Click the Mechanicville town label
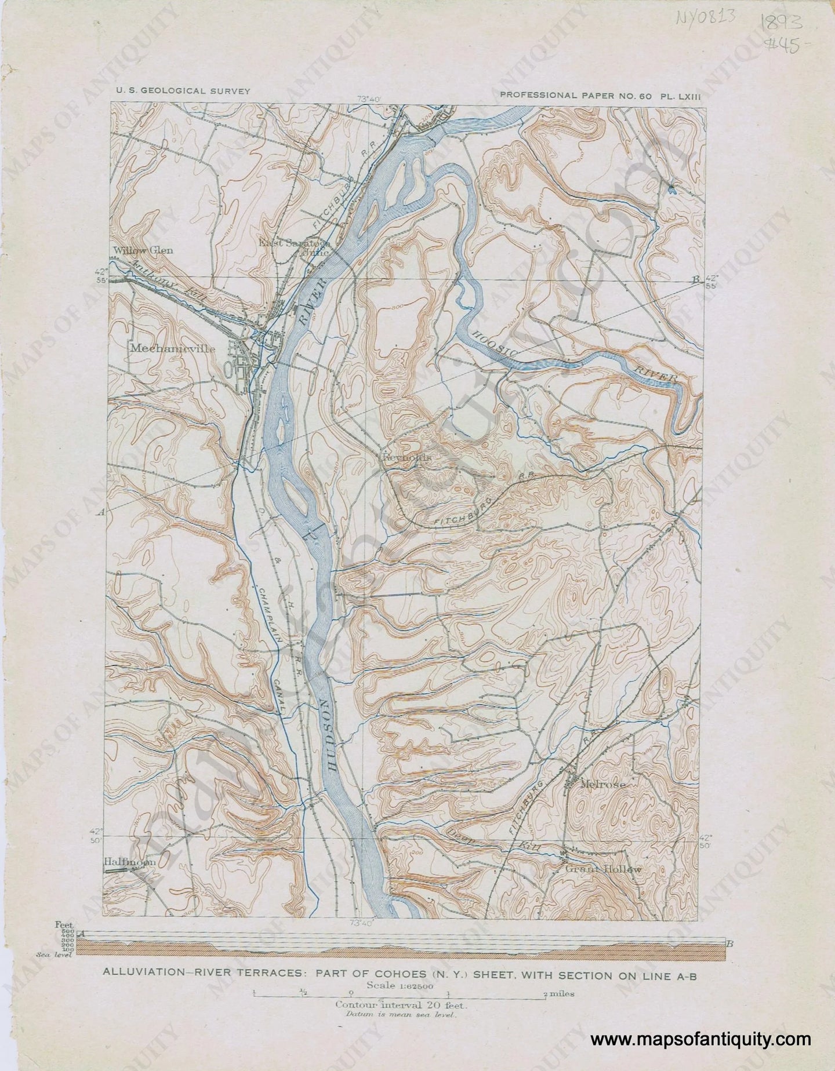click(x=173, y=349)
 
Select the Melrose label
click(x=603, y=785)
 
